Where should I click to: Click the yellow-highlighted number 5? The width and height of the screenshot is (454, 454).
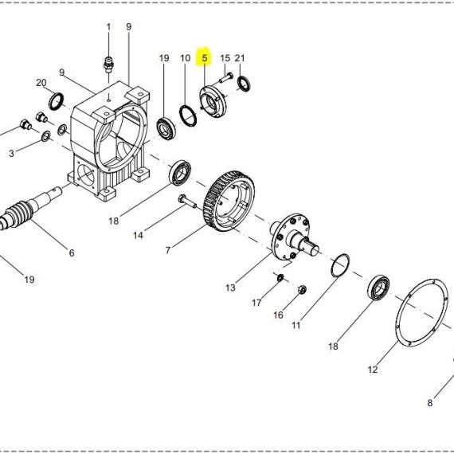pos(205,58)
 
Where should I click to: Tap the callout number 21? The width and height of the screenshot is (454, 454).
pos(240,58)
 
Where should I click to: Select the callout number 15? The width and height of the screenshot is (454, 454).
pos(225,58)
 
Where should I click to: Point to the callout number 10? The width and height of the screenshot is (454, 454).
pos(186,58)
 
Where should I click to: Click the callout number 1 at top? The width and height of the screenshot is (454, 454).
pos(108,27)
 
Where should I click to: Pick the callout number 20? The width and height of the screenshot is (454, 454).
pos(41,83)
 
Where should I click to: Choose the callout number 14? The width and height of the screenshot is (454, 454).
pos(138,235)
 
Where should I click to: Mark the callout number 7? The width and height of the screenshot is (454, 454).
pos(168,250)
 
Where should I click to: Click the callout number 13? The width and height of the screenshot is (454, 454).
pos(230,288)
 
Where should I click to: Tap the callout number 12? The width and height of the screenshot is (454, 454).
pos(373,370)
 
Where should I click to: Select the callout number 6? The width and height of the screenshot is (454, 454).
pos(72,252)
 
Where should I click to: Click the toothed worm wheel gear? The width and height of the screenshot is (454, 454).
pos(229,202)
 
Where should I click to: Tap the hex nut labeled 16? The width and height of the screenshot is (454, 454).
pos(303,289)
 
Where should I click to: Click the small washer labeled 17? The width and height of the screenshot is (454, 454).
pos(280,278)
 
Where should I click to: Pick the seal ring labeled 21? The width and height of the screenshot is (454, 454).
pos(244,83)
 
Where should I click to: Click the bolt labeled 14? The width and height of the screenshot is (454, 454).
pos(187,202)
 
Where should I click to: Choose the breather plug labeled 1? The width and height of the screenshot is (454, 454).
pos(108,65)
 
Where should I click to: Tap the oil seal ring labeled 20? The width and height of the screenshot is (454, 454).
pos(56,101)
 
